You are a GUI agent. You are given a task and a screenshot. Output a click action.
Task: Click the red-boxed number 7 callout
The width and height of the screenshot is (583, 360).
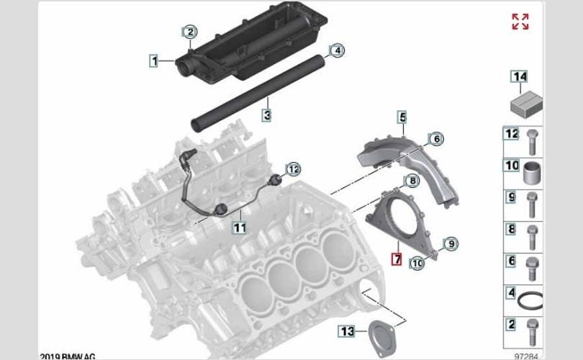coord(397,259)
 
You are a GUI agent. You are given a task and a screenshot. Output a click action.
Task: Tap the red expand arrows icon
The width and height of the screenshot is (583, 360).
coord(520,22)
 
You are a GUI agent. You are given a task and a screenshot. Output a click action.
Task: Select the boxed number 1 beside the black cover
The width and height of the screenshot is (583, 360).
coord(154,60)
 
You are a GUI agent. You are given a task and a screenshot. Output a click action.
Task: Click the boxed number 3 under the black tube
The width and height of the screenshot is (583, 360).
coord(267,115)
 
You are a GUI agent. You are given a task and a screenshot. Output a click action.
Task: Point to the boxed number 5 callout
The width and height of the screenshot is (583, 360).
coord(402,117)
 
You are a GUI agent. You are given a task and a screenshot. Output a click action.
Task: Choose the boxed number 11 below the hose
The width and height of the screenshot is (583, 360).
coord(240,228)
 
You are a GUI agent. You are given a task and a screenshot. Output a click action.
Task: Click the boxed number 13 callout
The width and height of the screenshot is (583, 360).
coord(347,331)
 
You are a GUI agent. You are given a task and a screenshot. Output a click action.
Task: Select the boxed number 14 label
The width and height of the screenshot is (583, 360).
coord(520,76)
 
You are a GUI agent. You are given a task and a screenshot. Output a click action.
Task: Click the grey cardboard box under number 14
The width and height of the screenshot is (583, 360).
coord(526,103)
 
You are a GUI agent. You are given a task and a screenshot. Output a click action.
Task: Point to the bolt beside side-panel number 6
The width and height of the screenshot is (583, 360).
coord(532,269)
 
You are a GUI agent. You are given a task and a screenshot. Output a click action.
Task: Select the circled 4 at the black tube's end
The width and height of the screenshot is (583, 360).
coord(337,50)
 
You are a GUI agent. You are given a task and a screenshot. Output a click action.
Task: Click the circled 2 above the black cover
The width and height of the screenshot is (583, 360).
coord(190,32)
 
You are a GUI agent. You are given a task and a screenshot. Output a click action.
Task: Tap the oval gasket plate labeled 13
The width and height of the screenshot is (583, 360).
coord(382,338)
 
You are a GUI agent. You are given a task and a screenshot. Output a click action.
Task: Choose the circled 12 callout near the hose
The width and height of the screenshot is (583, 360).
coord(294,170)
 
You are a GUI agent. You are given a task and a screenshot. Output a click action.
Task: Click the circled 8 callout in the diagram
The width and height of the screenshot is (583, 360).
coord(412,181)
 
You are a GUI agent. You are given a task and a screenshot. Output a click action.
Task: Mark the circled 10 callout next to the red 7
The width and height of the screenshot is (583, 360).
coord(417,263)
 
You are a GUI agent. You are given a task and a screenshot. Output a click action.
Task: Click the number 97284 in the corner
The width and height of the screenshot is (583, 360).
coord(525,356)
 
